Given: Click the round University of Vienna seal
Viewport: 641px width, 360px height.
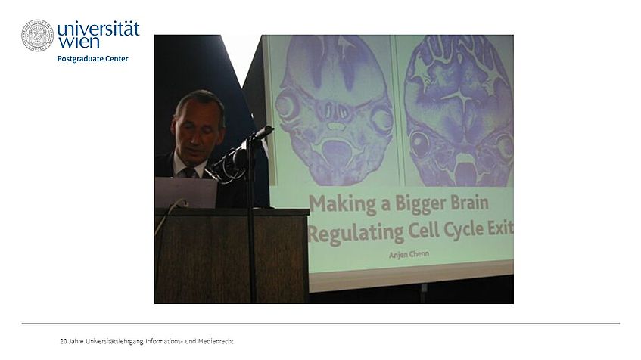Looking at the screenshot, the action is [37, 36].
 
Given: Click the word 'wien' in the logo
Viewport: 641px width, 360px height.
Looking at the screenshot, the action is [79, 42].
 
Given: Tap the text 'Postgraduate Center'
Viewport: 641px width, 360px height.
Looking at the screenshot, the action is [93, 59].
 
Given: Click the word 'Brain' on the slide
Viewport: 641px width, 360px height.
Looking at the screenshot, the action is [469, 202].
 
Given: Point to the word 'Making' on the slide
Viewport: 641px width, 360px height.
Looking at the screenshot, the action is [343, 204].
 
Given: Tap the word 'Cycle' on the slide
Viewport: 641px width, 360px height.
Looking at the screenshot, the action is [462, 230].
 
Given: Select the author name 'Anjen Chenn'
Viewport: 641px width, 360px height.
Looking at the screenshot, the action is [409, 255].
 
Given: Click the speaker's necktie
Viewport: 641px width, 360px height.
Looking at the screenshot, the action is [190, 172].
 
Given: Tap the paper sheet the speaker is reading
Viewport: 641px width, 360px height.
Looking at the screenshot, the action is [186, 192].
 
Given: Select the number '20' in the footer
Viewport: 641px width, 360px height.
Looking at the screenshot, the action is [64, 341].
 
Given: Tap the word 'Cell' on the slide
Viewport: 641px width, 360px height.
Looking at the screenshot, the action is [424, 231].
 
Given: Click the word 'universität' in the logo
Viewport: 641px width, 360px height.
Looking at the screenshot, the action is [98, 29].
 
